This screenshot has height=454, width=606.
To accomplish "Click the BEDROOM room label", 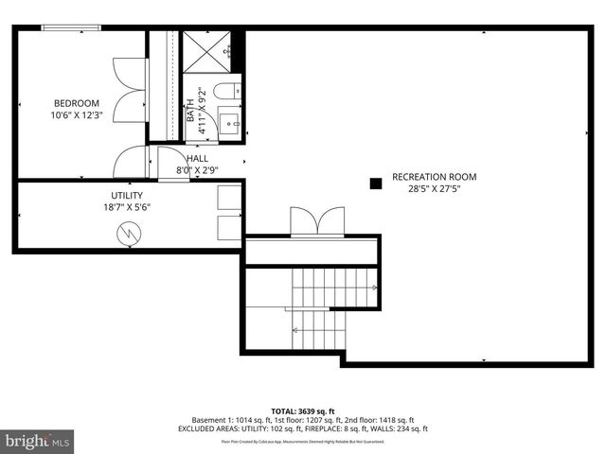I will [75, 103].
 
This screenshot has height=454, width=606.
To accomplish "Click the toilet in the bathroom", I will [225, 91].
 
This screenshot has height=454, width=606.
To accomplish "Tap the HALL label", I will [197, 159].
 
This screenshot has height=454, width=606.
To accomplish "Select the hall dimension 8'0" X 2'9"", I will [197, 171].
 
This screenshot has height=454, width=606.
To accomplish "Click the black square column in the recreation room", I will [375, 182].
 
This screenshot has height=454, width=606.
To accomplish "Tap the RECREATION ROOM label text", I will [434, 177].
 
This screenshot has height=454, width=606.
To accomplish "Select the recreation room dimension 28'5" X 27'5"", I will [434, 188].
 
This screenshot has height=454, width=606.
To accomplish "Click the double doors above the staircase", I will [313, 222].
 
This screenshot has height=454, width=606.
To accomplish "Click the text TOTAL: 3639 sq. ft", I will [302, 410].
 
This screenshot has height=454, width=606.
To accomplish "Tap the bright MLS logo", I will [38, 442].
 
